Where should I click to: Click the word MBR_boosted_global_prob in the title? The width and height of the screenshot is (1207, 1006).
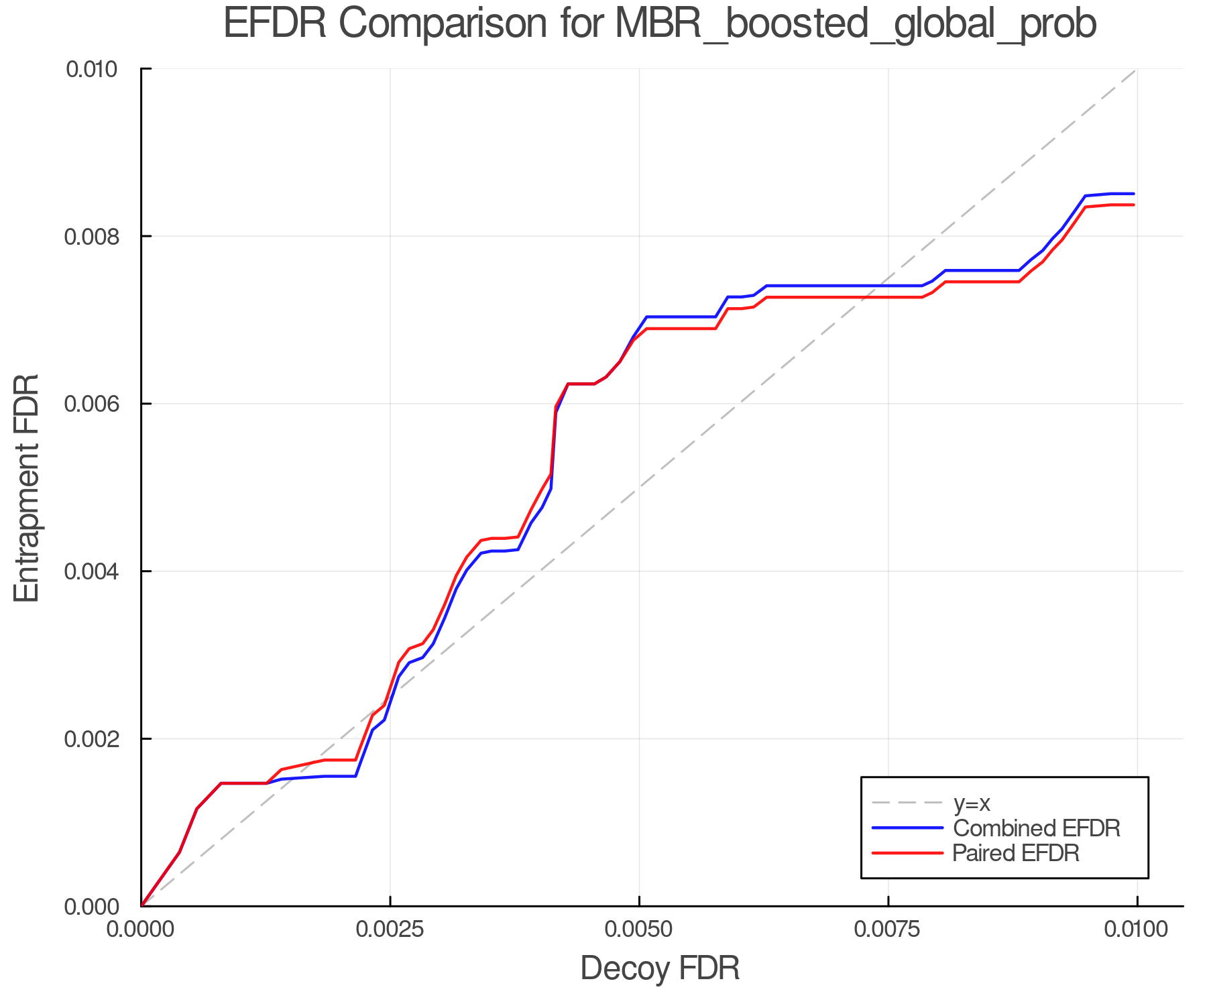click(855, 25)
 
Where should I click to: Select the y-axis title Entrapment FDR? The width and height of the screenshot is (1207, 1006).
click(27, 488)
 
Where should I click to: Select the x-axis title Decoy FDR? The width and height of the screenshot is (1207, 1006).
click(660, 968)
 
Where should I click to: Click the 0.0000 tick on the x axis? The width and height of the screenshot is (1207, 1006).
click(141, 930)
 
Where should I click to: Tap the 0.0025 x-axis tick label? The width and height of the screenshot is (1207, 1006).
click(390, 930)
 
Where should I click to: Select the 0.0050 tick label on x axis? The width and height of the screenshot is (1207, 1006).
click(639, 930)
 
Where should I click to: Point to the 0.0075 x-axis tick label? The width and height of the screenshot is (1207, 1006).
click(888, 930)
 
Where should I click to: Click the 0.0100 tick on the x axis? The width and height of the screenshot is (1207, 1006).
click(1137, 930)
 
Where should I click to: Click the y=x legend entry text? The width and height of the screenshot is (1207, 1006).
click(971, 803)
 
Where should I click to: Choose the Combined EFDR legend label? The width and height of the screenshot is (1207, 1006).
click(1036, 828)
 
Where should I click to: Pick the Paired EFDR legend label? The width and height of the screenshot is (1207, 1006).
click(1016, 853)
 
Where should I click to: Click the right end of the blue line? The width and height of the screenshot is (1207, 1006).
click(1133, 194)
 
